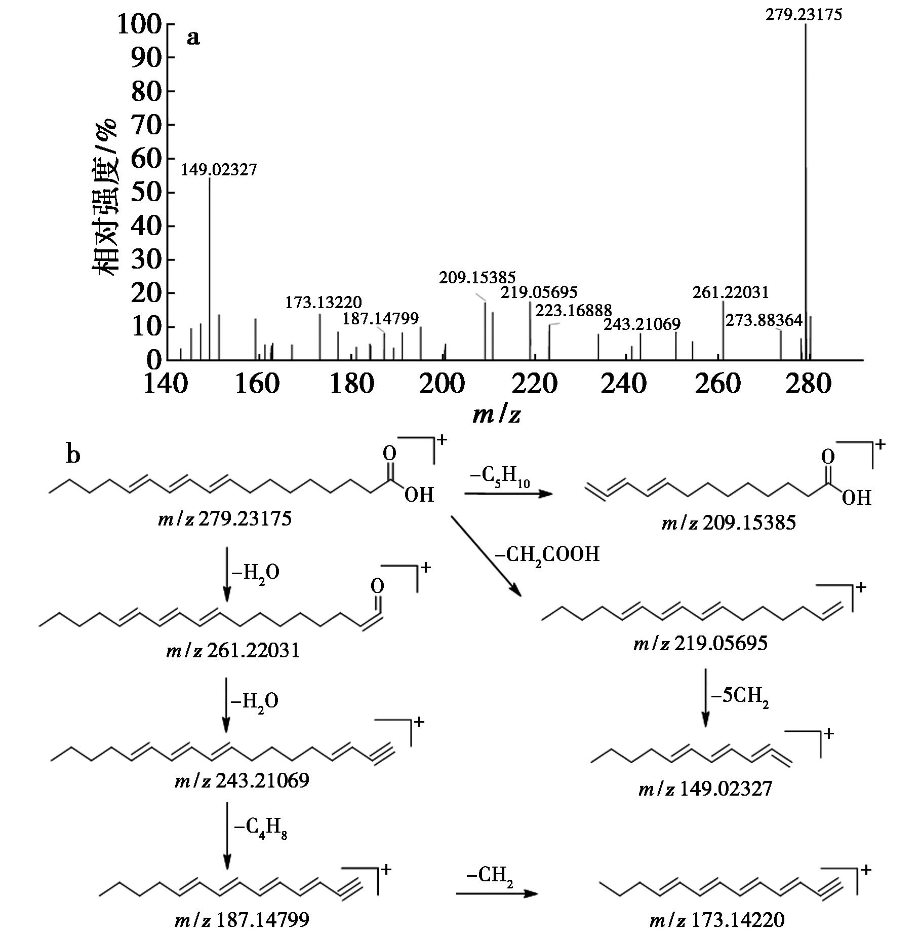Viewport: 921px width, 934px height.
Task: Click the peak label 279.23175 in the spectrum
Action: pos(804,15)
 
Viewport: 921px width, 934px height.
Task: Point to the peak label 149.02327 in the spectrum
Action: pos(219,169)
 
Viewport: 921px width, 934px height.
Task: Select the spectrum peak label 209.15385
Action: pos(477,277)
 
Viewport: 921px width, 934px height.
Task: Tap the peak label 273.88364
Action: pos(764,320)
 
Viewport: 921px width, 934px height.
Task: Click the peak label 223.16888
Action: pos(573,310)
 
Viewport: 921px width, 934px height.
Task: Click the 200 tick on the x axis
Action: pos(443,384)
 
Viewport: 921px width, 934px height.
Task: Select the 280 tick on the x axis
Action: pos(809,384)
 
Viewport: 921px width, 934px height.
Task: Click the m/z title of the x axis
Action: pos(497,415)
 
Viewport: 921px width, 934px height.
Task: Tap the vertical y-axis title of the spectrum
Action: pos(105,198)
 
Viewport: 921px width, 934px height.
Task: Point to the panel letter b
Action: pos(73,454)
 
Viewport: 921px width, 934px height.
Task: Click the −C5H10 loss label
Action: pos(500,478)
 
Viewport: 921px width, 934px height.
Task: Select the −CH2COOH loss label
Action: pos(547,554)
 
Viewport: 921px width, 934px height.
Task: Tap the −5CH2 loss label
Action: pos(740,696)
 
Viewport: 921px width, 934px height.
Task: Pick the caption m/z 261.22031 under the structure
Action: pos(233,650)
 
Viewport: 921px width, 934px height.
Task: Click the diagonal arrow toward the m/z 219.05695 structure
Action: pos(486,556)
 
